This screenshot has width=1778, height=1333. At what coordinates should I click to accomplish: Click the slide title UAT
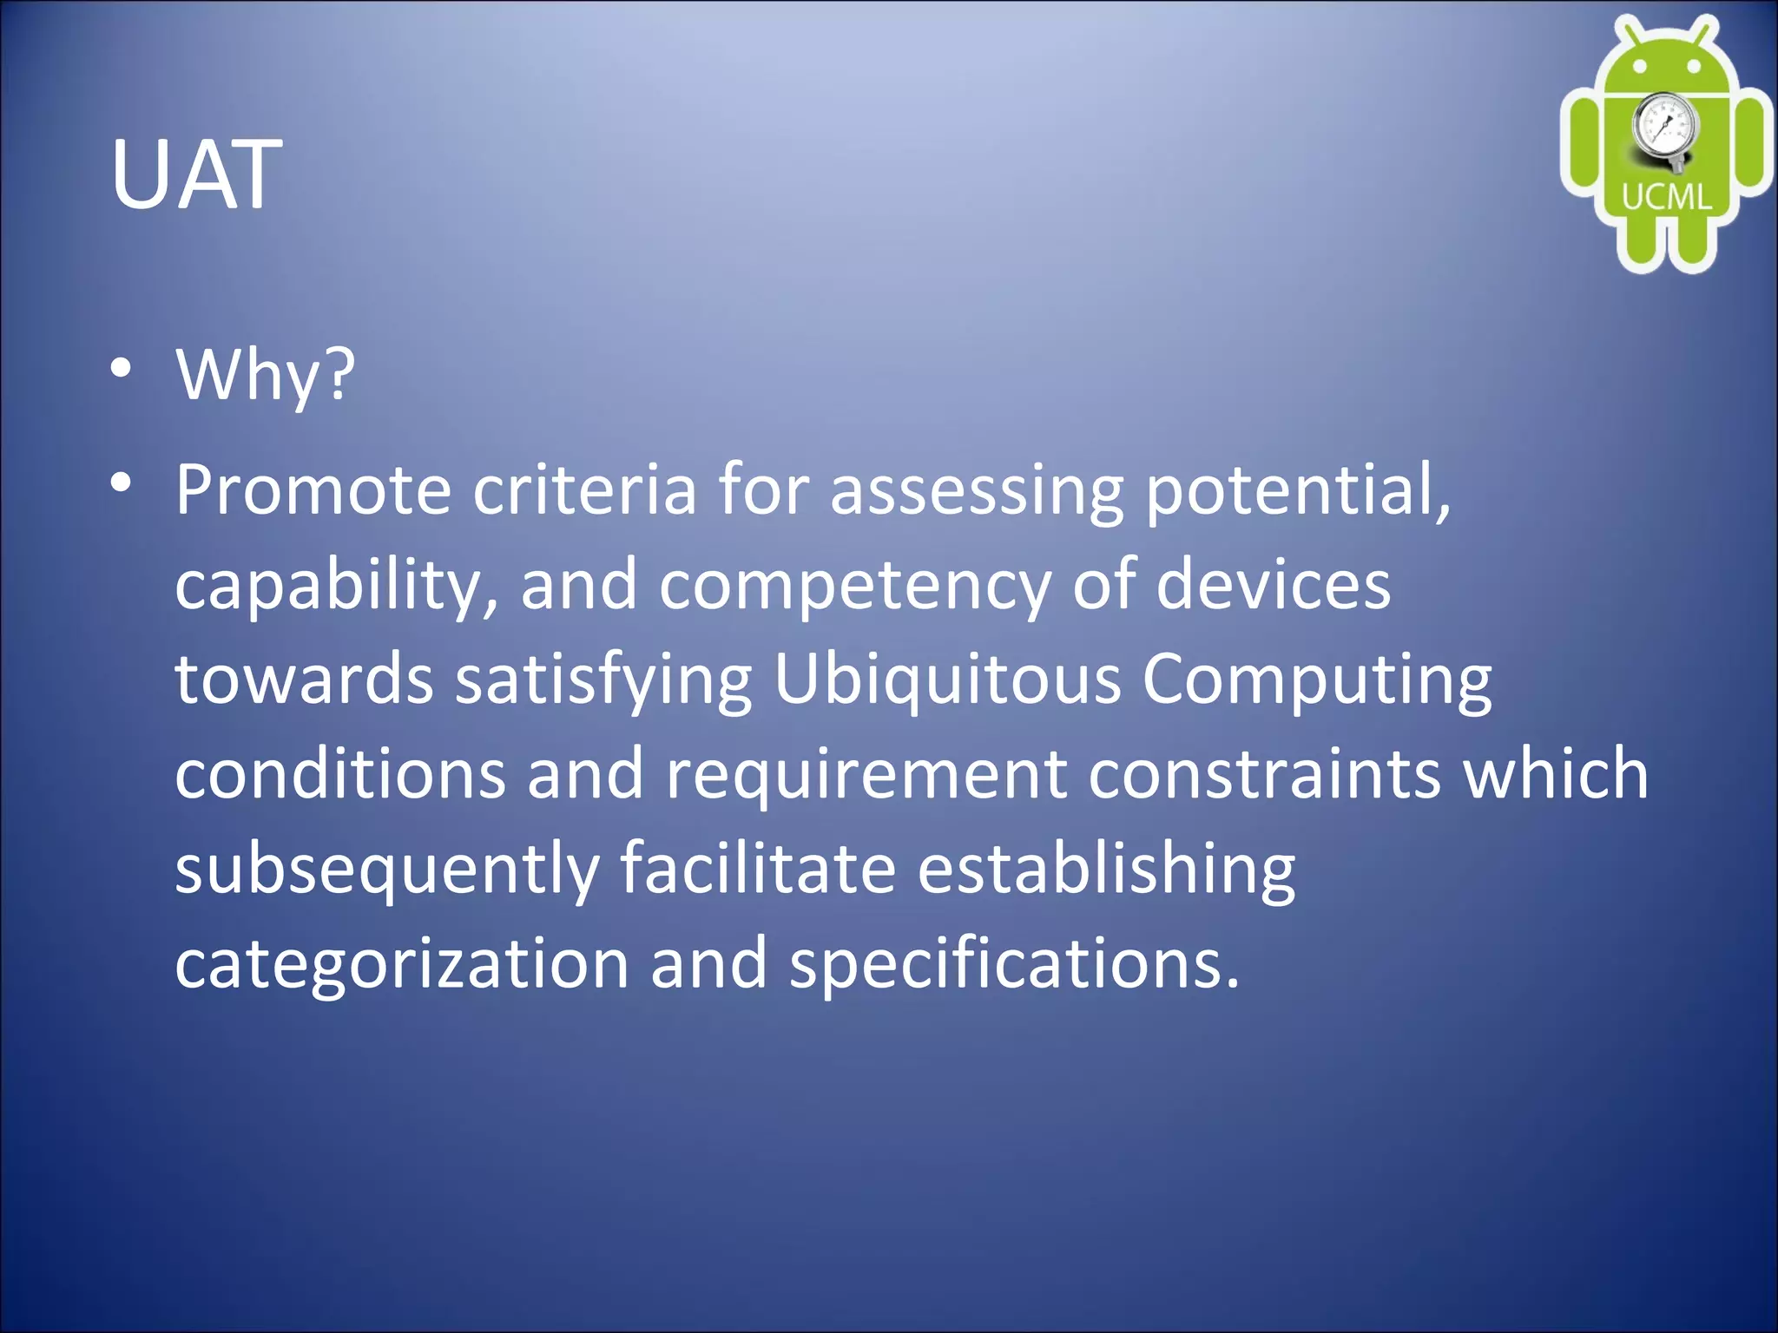tap(196, 175)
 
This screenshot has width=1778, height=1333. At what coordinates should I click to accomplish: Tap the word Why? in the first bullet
tap(266, 375)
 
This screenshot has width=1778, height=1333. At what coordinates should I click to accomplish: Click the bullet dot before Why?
tap(122, 368)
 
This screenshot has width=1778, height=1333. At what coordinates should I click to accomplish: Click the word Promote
tap(313, 490)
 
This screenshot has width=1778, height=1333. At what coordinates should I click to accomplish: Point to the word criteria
tap(584, 490)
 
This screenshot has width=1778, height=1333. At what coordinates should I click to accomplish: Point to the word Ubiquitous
tap(947, 682)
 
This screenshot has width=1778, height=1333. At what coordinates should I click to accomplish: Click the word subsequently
tap(387, 871)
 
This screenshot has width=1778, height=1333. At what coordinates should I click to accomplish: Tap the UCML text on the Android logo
tap(1666, 197)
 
